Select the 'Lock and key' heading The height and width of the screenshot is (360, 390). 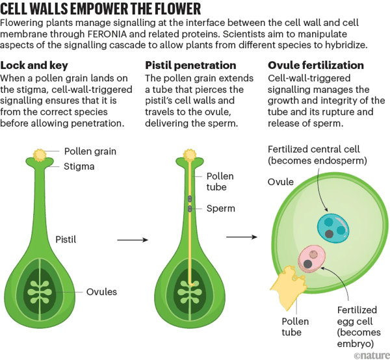coord(36,65)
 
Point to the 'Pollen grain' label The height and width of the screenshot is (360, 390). coord(90,152)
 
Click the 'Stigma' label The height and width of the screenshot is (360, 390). coord(79,166)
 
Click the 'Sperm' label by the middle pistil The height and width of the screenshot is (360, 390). coord(220,209)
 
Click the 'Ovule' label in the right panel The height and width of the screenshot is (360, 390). coord(281,183)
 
